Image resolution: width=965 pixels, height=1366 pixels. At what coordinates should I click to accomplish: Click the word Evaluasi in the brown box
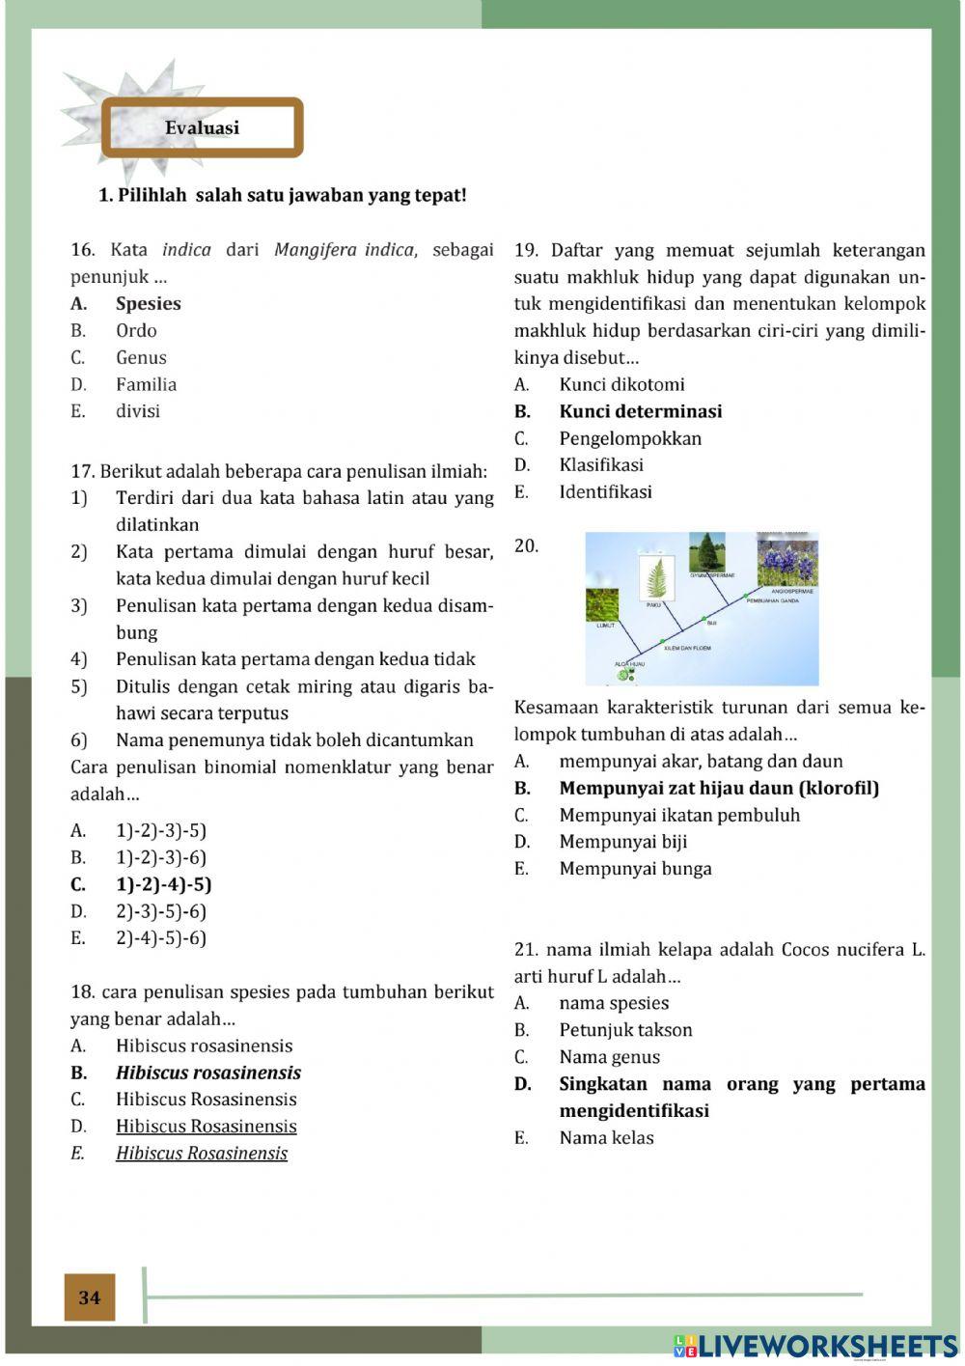pyautogui.click(x=202, y=128)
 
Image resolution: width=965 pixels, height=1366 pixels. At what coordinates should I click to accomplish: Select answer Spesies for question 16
pyautogui.click(x=148, y=303)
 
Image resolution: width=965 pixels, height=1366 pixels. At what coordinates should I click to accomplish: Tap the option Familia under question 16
pyautogui.click(x=146, y=384)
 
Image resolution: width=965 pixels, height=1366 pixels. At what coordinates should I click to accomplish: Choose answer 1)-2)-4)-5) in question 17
pyautogui.click(x=163, y=884)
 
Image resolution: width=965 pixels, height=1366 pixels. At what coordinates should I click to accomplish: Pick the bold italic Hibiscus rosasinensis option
pyautogui.click(x=207, y=1073)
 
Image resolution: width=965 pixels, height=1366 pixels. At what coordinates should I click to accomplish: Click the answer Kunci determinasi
pyautogui.click(x=640, y=411)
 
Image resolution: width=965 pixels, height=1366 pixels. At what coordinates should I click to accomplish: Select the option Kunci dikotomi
pyautogui.click(x=621, y=384)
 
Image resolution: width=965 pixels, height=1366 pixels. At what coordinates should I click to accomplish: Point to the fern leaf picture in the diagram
pyautogui.click(x=657, y=578)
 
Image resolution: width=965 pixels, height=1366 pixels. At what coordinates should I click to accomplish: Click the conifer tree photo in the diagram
pyautogui.click(x=707, y=552)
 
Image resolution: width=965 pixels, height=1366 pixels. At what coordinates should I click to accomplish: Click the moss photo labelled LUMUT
pyautogui.click(x=602, y=605)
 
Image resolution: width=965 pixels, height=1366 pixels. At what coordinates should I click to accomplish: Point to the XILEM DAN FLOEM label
pyautogui.click(x=688, y=648)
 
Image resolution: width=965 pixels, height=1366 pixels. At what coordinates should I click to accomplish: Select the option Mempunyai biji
pyautogui.click(x=622, y=842)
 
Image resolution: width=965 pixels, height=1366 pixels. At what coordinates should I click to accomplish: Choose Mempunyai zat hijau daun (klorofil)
pyautogui.click(x=718, y=788)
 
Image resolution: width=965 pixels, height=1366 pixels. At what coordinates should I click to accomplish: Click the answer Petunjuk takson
pyautogui.click(x=625, y=1030)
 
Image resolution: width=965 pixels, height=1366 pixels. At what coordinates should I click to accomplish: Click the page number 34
pyautogui.click(x=90, y=1297)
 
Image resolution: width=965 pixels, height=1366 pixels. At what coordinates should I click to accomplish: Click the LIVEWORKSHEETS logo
pyautogui.click(x=815, y=1346)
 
